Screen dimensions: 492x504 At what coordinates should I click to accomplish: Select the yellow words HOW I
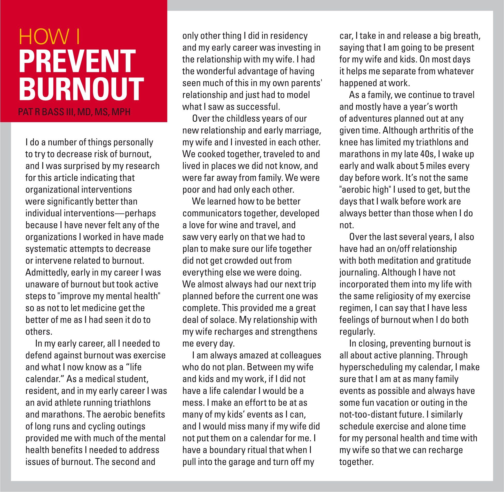pos(49,37)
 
